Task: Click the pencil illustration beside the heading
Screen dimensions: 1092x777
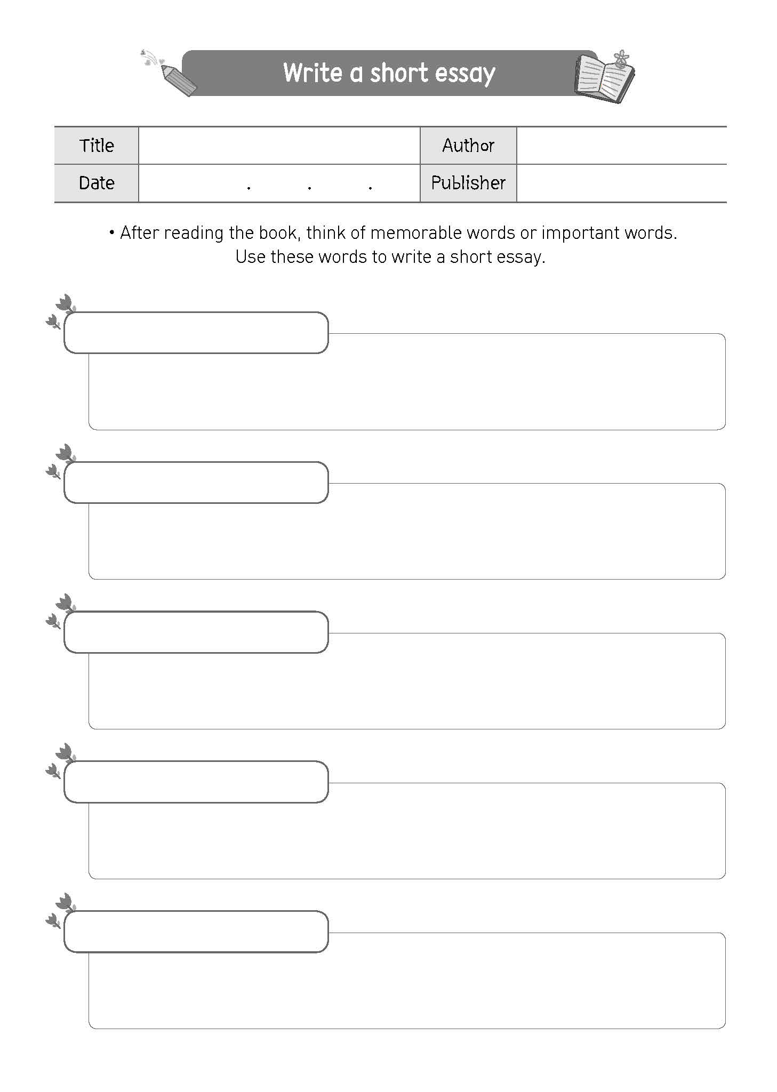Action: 178,80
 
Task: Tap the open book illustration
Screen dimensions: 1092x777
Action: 604,78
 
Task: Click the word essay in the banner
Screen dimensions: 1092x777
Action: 464,74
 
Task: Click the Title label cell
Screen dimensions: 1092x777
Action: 97,146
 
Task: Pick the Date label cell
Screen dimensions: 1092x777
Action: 97,183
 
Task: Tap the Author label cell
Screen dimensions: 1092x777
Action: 468,146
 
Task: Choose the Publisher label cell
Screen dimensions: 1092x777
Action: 468,183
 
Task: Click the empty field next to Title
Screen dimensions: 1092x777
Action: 279,146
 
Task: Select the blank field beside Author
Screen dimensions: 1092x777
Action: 621,146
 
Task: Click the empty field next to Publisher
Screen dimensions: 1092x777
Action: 621,183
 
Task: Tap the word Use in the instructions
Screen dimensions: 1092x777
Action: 250,257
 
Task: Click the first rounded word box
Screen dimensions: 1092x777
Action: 196,333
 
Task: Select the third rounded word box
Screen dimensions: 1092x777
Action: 196,632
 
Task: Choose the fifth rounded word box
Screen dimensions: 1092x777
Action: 196,932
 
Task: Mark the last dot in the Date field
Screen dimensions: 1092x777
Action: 370,188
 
